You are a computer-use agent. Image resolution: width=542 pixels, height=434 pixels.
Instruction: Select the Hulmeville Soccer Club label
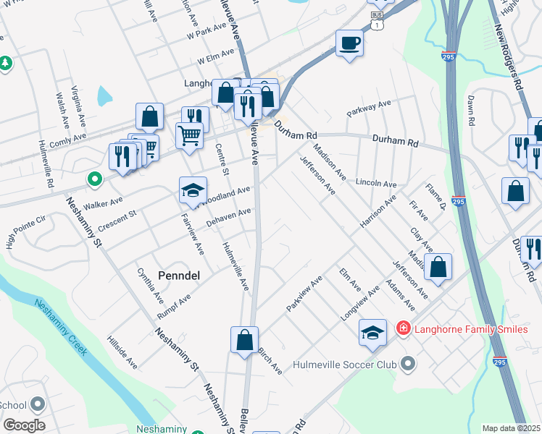(345, 364)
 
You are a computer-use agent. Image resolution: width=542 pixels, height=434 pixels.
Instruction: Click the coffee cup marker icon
(349, 43)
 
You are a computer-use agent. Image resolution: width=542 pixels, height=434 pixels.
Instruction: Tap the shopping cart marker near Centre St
(189, 135)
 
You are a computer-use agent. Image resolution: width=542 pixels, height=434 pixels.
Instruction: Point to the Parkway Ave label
(368, 108)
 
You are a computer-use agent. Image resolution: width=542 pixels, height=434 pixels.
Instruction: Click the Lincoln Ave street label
(376, 184)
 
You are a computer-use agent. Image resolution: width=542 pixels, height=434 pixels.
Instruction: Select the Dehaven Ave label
(228, 216)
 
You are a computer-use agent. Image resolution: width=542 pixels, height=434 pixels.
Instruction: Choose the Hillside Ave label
(122, 352)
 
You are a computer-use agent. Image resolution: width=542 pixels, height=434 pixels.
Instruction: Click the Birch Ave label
(270, 360)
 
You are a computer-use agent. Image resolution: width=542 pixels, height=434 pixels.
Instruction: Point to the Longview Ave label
(360, 305)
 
